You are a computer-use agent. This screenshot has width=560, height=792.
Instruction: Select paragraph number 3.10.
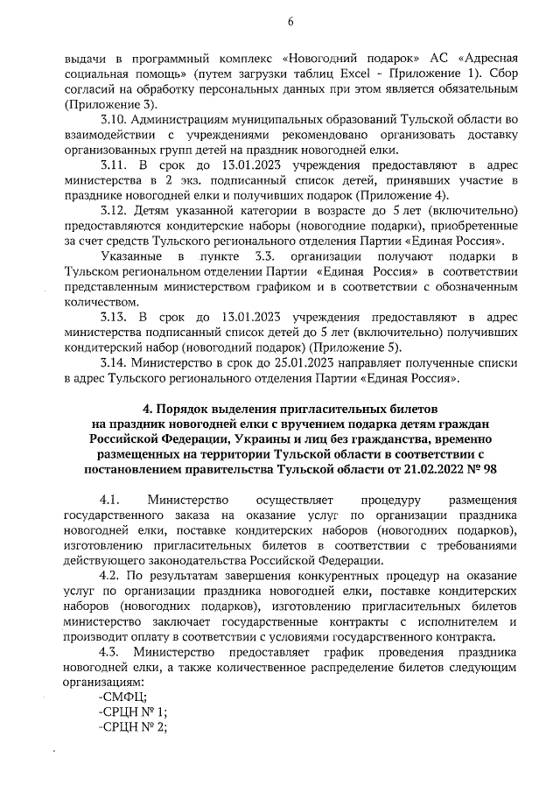[x=115, y=120]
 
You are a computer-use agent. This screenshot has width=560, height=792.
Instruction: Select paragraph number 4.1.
[x=110, y=500]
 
